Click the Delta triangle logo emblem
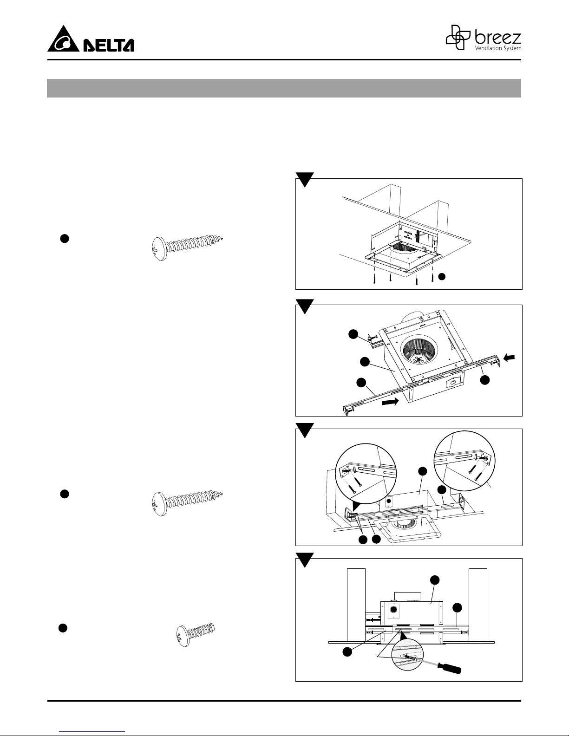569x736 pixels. [63, 39]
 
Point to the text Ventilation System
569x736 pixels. [498, 48]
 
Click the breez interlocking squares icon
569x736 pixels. [458, 37]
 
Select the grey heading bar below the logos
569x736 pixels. [284, 88]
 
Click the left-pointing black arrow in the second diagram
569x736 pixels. [509, 358]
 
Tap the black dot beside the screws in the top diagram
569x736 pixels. [442, 277]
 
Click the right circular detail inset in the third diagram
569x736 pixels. [464, 461]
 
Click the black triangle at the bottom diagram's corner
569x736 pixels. [305, 560]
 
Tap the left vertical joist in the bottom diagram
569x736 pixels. [356, 605]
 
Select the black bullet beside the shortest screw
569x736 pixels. [63, 628]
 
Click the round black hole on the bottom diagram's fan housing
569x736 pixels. [393, 610]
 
